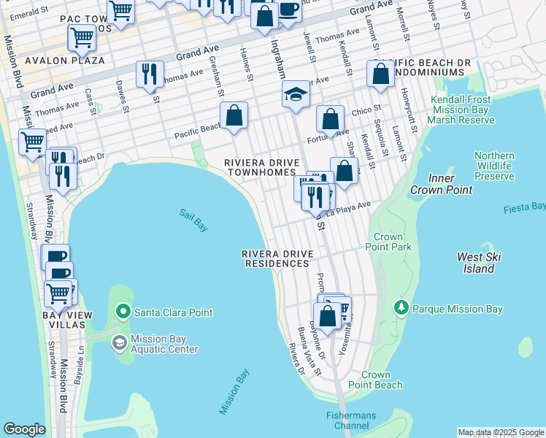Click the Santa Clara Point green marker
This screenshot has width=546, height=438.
(x=123, y=312)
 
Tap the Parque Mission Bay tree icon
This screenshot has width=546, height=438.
(x=400, y=309)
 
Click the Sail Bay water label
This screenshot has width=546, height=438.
(x=193, y=220)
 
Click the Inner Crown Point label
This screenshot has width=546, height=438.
(x=441, y=184)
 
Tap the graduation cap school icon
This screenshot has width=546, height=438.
(x=296, y=94)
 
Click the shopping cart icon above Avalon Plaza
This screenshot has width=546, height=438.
(x=82, y=37)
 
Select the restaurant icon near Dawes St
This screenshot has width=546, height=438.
(x=150, y=74)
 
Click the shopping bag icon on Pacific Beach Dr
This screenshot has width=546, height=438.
(x=234, y=115)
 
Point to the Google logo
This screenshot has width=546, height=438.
(x=24, y=429)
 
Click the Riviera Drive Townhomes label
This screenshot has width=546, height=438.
(x=261, y=167)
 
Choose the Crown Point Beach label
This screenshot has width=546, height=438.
(x=374, y=380)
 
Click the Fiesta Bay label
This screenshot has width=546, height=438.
(x=524, y=209)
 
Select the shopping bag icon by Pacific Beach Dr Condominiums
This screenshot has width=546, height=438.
(x=380, y=73)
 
